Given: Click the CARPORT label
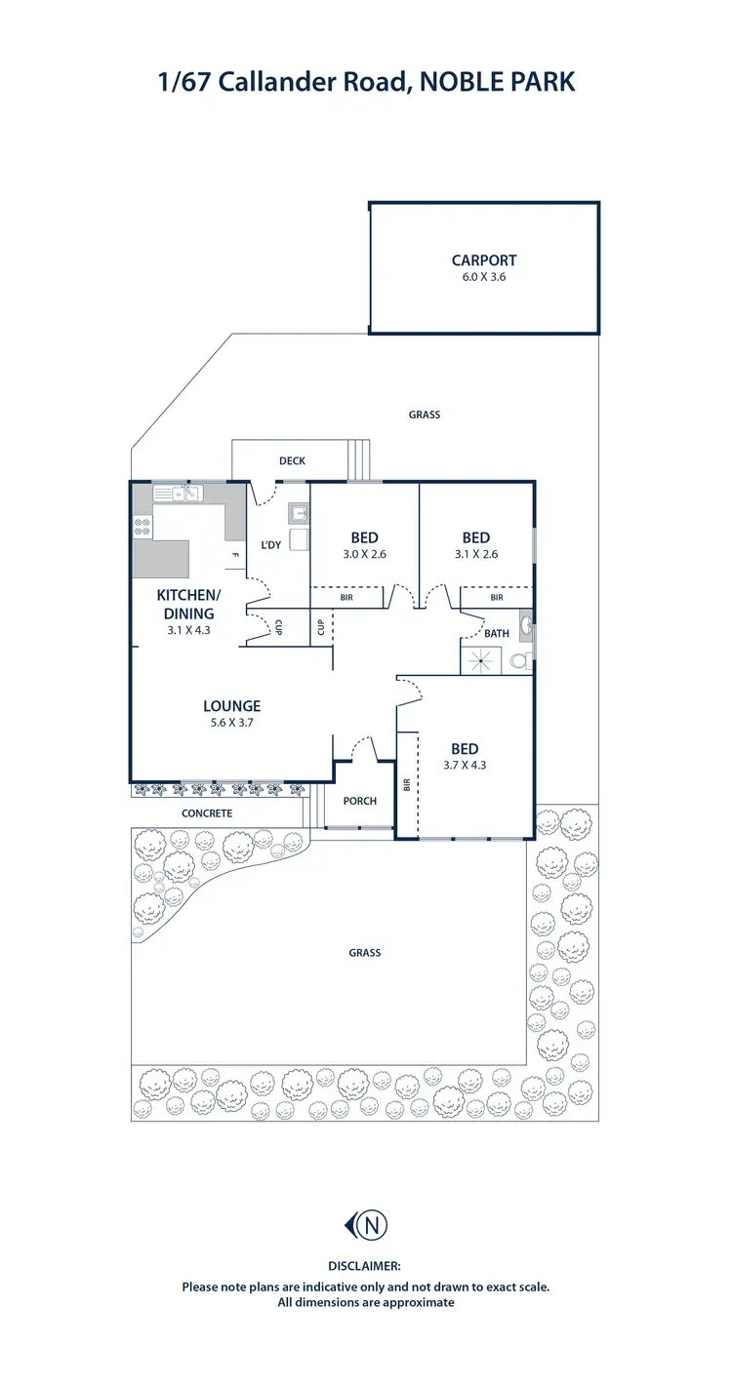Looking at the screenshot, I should (x=484, y=260).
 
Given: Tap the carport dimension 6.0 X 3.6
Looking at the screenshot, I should (x=484, y=276).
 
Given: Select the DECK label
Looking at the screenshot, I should (x=293, y=460).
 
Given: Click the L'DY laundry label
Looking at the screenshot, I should (x=270, y=544).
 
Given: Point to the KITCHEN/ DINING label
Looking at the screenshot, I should (x=189, y=605).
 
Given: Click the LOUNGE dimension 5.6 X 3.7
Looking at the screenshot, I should (x=232, y=723).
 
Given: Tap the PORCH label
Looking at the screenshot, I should (x=360, y=801).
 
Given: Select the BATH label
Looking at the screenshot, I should (x=497, y=633).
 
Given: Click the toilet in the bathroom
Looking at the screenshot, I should (x=519, y=661).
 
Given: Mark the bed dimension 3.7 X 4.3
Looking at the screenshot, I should (x=465, y=765).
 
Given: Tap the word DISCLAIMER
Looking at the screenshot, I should (x=366, y=1265).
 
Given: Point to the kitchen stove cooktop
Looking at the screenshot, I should (x=142, y=526).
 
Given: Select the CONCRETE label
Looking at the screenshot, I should (x=207, y=812).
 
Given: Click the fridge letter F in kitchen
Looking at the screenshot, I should (x=234, y=556).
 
